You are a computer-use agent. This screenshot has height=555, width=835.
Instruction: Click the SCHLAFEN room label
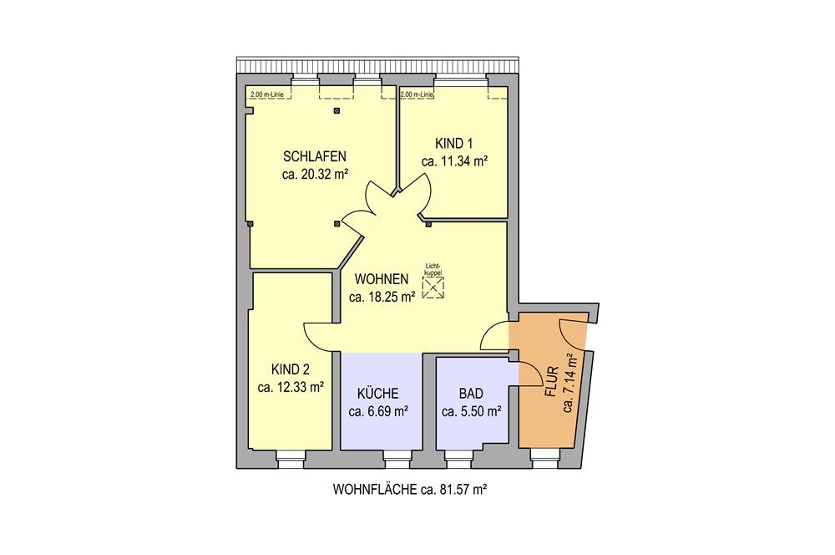(x=315, y=156)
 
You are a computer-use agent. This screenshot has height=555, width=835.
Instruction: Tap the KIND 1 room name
(x=454, y=144)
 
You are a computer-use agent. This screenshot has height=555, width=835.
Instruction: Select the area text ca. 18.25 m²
(x=382, y=297)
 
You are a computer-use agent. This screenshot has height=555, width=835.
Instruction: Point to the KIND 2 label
(x=291, y=369)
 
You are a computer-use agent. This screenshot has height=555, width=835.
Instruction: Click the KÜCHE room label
(x=378, y=394)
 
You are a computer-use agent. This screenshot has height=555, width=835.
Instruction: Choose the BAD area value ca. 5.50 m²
(x=471, y=411)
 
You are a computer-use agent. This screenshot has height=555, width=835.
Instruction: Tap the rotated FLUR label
(x=551, y=382)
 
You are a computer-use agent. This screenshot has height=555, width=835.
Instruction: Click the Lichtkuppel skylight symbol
(x=433, y=288)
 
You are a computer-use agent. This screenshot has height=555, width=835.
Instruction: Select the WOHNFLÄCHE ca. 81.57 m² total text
(x=410, y=489)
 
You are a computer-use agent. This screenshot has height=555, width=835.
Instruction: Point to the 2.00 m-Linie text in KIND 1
(x=417, y=95)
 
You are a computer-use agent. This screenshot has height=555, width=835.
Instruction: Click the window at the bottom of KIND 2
(x=291, y=459)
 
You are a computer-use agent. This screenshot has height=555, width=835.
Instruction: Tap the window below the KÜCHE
(x=396, y=459)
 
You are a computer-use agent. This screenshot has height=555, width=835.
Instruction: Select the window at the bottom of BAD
(x=458, y=459)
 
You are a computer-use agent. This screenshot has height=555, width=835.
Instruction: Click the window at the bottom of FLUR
(x=545, y=459)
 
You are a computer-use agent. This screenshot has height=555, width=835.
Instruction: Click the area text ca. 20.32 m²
(x=315, y=175)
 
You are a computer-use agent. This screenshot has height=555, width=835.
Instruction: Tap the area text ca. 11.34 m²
(x=454, y=161)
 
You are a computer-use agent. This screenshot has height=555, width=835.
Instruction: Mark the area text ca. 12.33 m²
(x=291, y=387)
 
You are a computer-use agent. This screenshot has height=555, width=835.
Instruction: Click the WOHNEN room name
(x=382, y=279)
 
